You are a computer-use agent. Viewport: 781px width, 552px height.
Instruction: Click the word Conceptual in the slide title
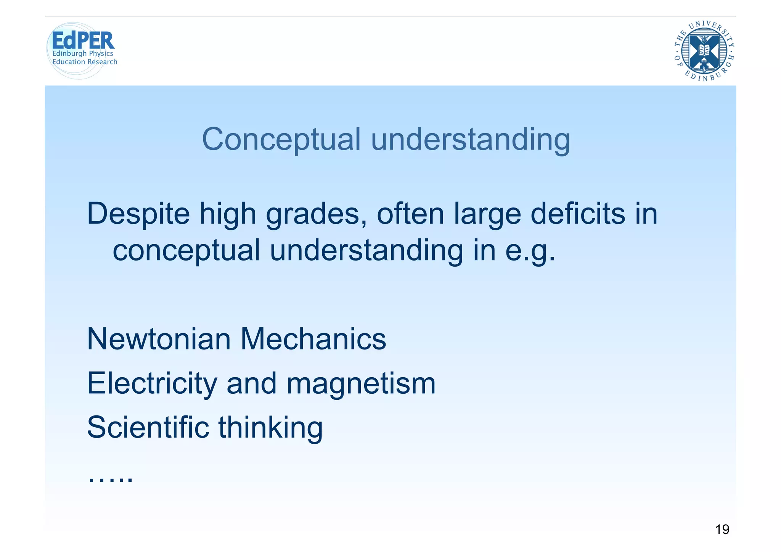(x=281, y=140)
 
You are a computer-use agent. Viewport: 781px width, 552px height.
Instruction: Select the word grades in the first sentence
(x=316, y=214)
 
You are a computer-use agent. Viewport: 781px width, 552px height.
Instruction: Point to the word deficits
(x=578, y=214)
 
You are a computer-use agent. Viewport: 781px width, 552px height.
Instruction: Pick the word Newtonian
(x=159, y=339)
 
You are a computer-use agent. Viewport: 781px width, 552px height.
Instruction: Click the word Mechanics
(x=313, y=339)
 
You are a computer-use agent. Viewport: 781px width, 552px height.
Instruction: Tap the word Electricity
(x=152, y=383)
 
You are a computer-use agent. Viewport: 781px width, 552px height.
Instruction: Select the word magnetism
(x=361, y=383)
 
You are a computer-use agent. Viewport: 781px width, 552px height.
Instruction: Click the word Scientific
(x=148, y=427)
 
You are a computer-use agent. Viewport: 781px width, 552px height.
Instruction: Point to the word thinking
(x=270, y=427)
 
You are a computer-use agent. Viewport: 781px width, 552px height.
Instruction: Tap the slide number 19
(x=722, y=529)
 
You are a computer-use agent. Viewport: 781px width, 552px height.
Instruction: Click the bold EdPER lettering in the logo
(x=83, y=40)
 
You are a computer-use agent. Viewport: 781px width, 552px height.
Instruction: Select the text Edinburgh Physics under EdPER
(x=83, y=54)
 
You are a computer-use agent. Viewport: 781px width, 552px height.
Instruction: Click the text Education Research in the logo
(x=85, y=62)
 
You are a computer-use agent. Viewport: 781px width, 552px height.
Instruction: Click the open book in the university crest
(x=704, y=50)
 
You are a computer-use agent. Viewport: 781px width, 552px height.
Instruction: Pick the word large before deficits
(x=487, y=214)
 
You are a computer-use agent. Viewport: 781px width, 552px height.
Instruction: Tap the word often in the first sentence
(x=410, y=214)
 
